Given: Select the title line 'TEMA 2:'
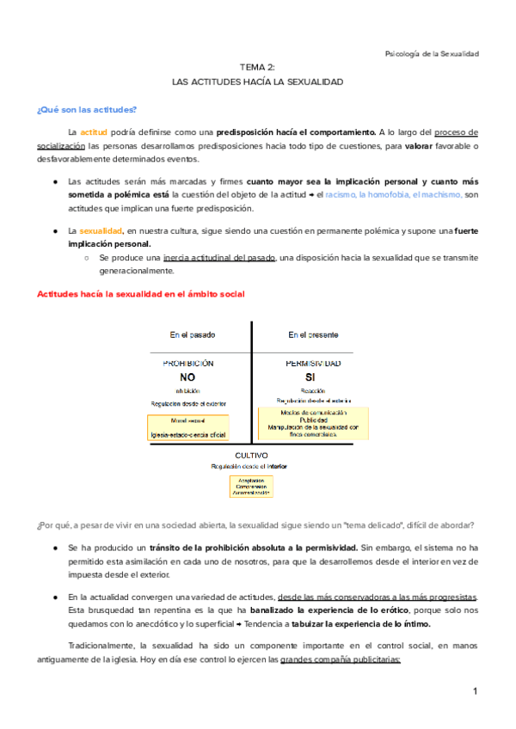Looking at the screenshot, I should pyautogui.click(x=257, y=66).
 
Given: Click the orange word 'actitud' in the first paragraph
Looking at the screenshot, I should pyautogui.click(x=94, y=132).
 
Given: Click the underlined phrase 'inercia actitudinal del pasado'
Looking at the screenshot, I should pyautogui.click(x=220, y=258).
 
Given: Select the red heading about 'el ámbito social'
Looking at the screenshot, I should pyautogui.click(x=140, y=294).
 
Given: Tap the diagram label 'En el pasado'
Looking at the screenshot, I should pyautogui.click(x=193, y=334).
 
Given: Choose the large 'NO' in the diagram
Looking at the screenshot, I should pyautogui.click(x=188, y=377).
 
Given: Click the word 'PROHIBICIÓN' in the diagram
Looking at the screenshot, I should pyautogui.click(x=188, y=364).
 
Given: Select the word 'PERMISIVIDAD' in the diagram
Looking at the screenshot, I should pyautogui.click(x=312, y=364).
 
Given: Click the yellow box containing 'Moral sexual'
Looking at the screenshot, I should pyautogui.click(x=187, y=428).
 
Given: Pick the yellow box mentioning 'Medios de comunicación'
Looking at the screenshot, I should pyautogui.click(x=312, y=424).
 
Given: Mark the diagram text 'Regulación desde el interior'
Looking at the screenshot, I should pyautogui.click(x=250, y=466).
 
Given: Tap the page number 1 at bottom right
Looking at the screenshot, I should pyautogui.click(x=474, y=691).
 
